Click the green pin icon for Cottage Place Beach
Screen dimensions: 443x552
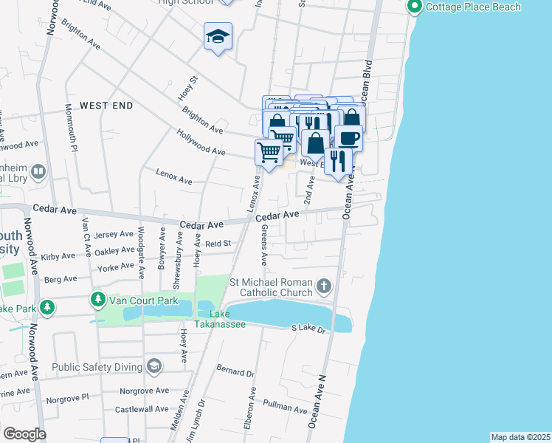(x=414, y=7)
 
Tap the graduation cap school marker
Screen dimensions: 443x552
(x=218, y=37)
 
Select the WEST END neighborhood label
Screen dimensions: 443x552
(x=106, y=106)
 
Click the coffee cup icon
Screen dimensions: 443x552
(x=348, y=137)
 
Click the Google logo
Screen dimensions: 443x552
(x=24, y=434)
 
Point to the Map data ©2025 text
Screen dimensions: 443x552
(x=520, y=437)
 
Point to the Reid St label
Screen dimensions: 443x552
(x=218, y=243)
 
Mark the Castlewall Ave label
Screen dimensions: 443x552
(x=142, y=409)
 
